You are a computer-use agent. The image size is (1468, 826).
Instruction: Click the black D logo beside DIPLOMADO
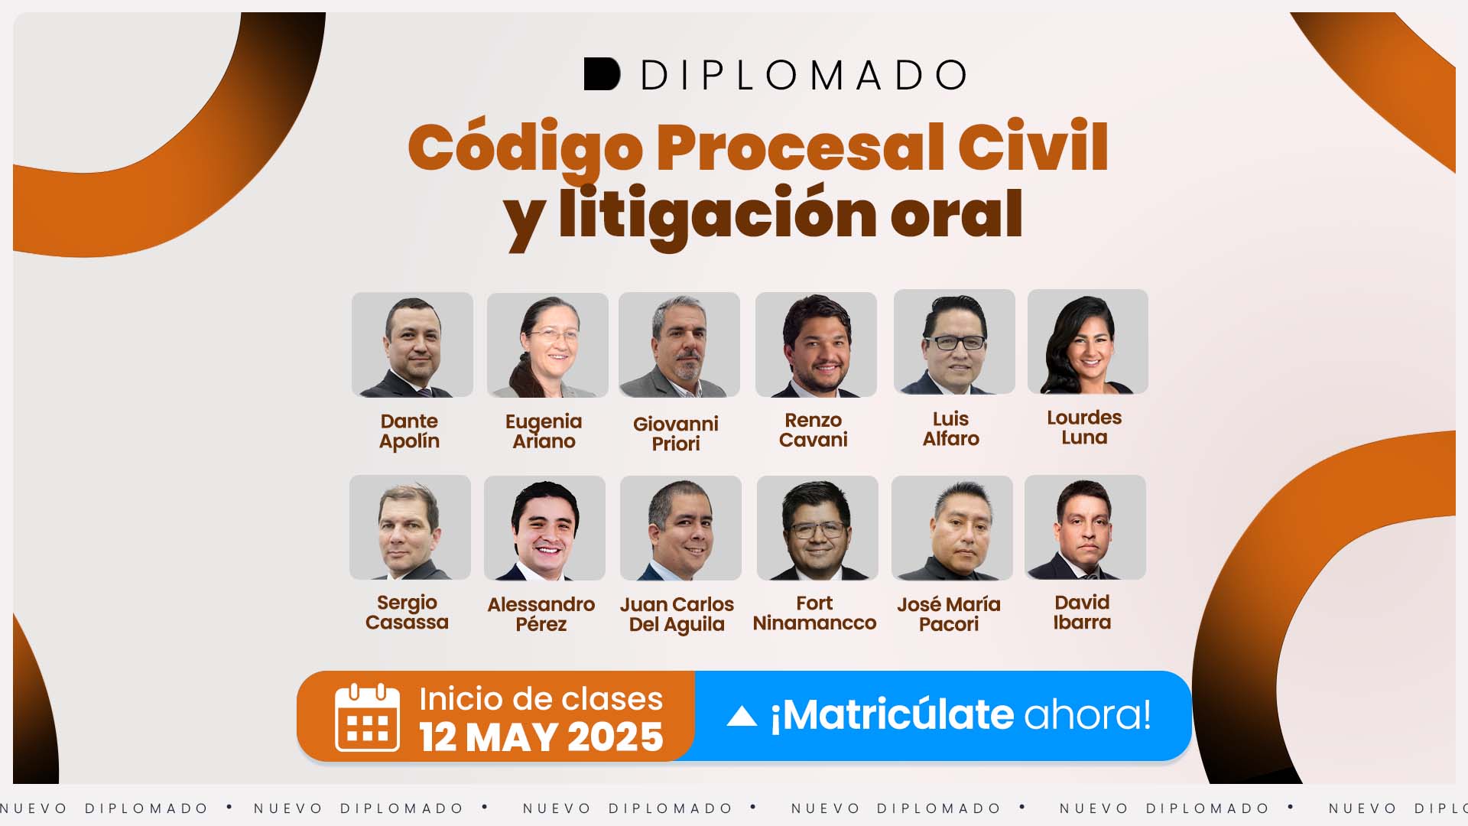click(x=602, y=74)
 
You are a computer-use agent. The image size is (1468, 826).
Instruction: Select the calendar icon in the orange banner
click(x=367, y=717)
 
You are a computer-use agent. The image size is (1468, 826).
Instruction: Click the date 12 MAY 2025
click(x=541, y=737)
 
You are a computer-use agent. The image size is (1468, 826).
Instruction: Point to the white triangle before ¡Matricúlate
click(x=742, y=716)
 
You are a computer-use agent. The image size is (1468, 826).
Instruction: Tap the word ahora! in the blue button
click(x=1087, y=714)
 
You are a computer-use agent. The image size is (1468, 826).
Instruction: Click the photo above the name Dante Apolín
click(x=412, y=344)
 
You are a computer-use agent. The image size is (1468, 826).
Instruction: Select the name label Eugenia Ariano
click(x=544, y=431)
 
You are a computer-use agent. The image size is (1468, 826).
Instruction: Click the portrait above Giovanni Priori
click(x=679, y=344)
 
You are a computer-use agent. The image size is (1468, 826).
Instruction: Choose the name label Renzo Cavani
click(x=814, y=430)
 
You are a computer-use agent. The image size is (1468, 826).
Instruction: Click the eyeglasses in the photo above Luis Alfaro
click(x=955, y=342)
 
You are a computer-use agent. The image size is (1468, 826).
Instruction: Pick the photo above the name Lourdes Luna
click(x=1088, y=341)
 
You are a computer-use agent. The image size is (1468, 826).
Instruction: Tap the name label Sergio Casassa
click(x=407, y=613)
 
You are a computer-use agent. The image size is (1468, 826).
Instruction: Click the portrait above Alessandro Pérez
click(x=544, y=528)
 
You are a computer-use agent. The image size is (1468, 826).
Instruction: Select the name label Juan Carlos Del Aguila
click(x=677, y=614)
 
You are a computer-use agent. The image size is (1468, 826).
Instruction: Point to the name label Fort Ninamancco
click(x=814, y=613)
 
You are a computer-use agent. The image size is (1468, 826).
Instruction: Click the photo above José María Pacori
click(x=952, y=528)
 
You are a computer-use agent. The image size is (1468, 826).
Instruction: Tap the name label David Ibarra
click(x=1082, y=612)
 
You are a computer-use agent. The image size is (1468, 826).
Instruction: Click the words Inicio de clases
click(x=541, y=699)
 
